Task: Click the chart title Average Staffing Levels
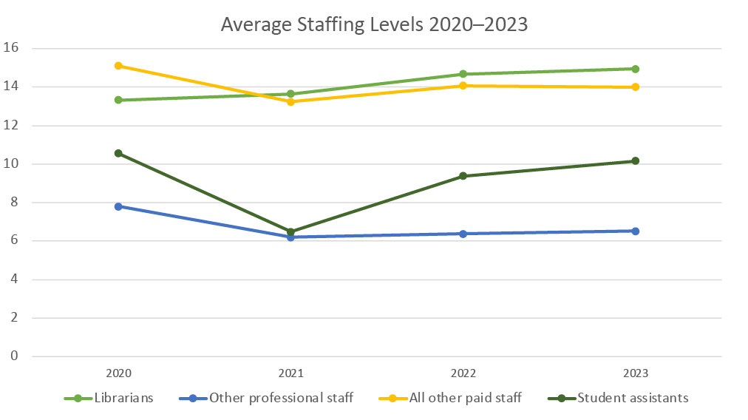point(374,24)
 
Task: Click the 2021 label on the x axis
point(290,373)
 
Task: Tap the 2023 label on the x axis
point(635,373)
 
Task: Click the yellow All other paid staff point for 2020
point(118,66)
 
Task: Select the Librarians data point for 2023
point(635,69)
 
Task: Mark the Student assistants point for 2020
point(118,153)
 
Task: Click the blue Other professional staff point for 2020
point(118,206)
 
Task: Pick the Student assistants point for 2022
point(463,176)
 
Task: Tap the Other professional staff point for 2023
point(635,231)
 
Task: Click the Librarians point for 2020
point(118,100)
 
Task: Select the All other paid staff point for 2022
point(463,86)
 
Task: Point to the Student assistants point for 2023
point(635,160)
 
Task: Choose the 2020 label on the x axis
point(118,373)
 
